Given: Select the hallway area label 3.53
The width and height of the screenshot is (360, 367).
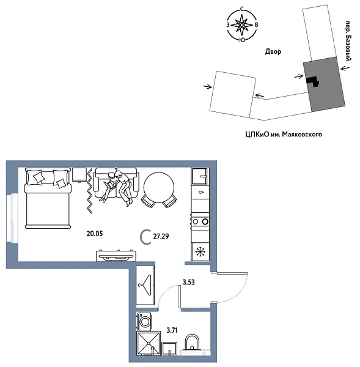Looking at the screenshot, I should (x=189, y=283).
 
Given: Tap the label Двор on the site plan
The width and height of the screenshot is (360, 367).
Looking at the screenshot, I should (x=273, y=52).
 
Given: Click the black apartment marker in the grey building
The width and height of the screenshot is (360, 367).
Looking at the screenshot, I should (x=313, y=80).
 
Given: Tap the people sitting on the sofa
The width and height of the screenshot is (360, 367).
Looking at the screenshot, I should (x=118, y=186).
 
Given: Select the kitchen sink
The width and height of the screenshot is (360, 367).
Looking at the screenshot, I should (x=200, y=177).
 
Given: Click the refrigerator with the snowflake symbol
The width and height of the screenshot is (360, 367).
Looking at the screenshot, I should (x=200, y=250).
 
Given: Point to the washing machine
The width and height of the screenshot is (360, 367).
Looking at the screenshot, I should (x=145, y=322).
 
